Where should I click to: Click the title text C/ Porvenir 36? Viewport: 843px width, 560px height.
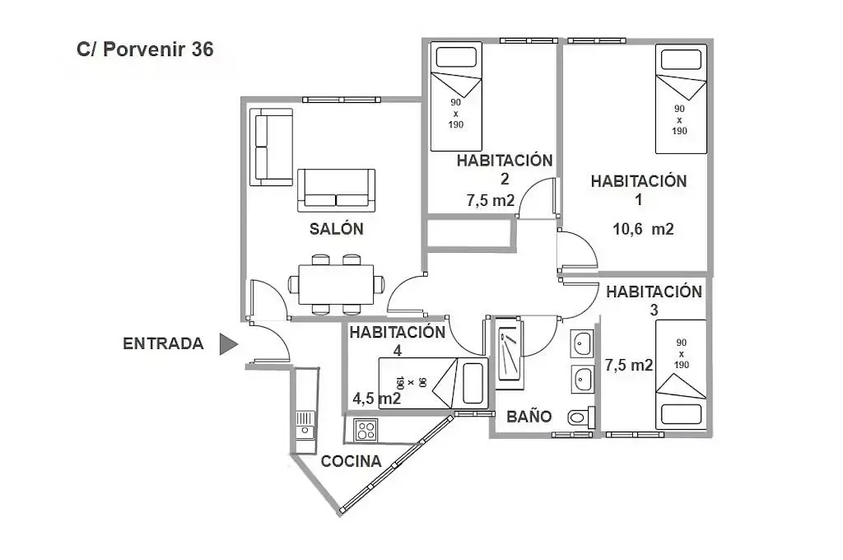145,49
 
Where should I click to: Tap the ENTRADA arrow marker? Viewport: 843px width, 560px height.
228,344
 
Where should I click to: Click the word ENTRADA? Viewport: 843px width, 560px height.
163,344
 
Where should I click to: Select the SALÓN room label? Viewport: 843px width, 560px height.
336,229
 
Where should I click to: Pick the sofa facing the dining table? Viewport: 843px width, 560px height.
336,189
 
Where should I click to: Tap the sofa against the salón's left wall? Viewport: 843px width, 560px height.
272,147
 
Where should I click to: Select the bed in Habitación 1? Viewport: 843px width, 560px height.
681,100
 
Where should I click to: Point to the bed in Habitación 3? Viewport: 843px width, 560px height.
681,375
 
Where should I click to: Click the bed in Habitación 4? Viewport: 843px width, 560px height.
431,383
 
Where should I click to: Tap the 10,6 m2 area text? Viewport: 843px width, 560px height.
643,230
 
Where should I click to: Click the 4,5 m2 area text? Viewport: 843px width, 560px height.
376,399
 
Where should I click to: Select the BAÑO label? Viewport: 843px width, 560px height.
529,417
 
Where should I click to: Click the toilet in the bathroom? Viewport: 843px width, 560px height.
580,418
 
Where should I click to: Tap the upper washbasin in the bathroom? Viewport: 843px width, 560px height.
583,343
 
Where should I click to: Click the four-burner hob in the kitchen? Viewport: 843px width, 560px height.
365,430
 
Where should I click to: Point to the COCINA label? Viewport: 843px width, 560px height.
351,461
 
